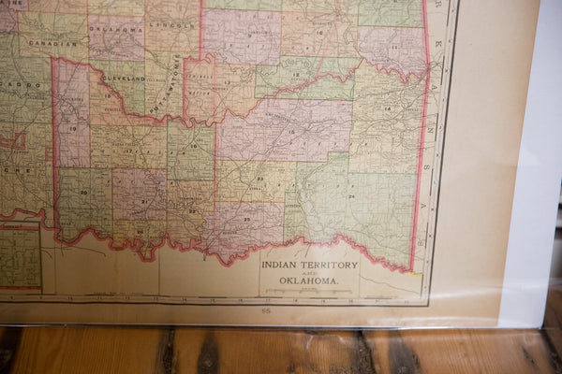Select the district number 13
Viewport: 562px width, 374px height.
pyautogui.click(x=226, y=82)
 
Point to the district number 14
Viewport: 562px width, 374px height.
pyautogui.click(x=388, y=109)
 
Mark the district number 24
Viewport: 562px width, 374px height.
pyautogui.click(x=351, y=196)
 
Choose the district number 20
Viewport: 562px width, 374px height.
pyautogui.click(x=82, y=192)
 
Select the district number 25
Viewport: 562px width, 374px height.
pyautogui.click(x=246, y=220)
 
